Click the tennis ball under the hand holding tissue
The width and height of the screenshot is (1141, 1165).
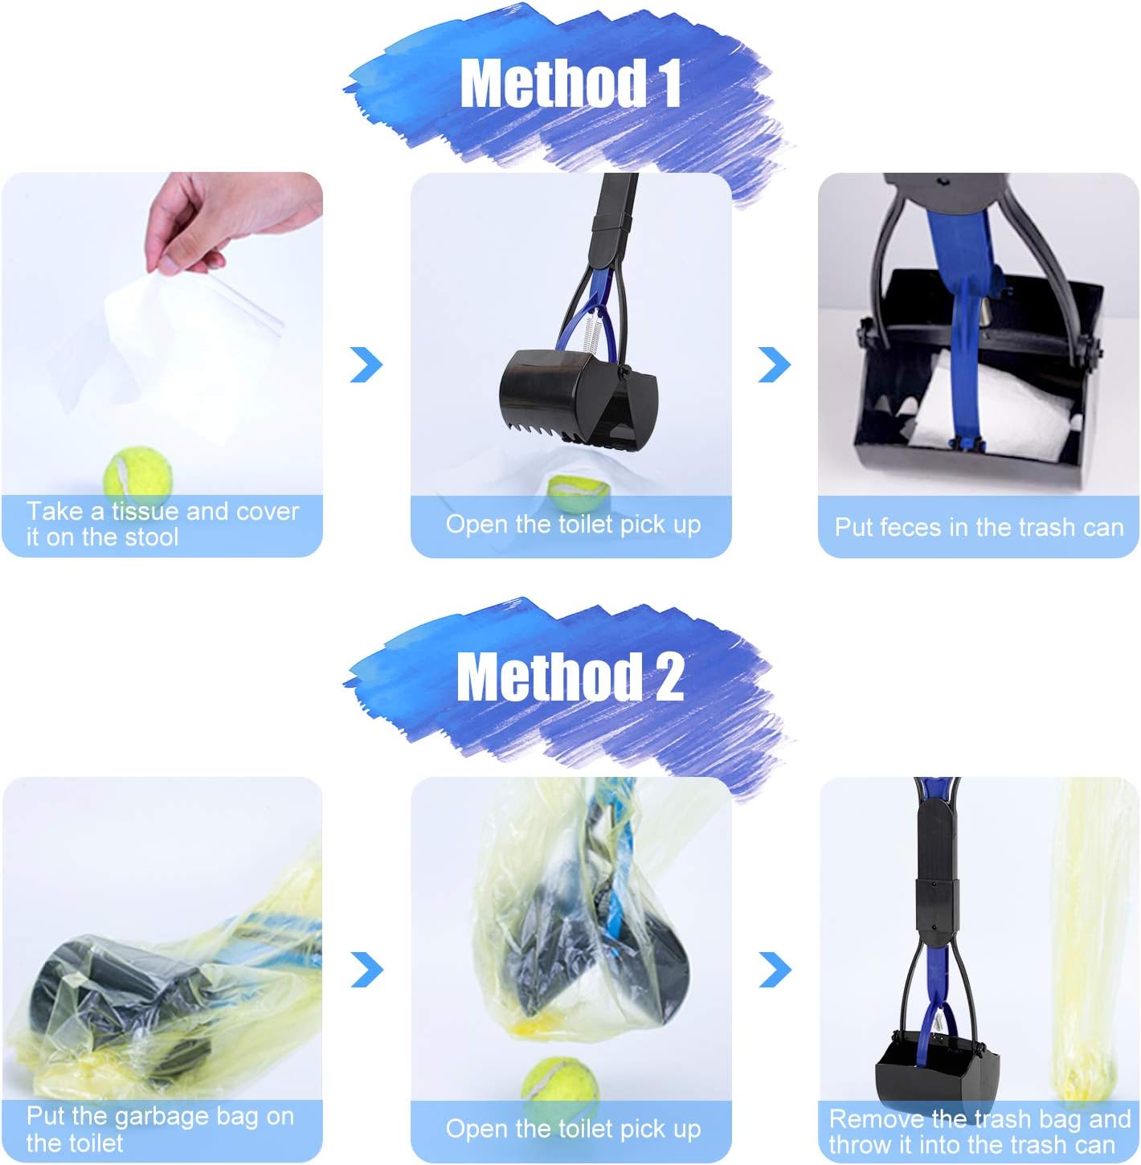(138, 472)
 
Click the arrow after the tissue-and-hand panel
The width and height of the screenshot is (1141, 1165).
(366, 365)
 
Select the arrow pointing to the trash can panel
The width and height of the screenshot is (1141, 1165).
(775, 365)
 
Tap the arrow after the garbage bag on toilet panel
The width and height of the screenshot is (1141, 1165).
(367, 970)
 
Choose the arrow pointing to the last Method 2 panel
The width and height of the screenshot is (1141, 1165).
(775, 970)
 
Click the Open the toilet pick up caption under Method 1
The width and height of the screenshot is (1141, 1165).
(573, 525)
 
